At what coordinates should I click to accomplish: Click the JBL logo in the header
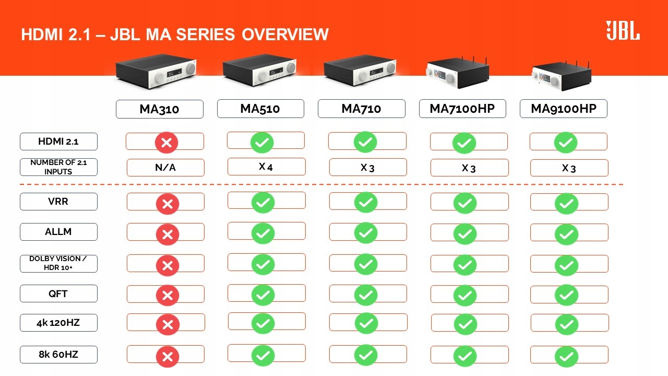pyautogui.click(x=623, y=31)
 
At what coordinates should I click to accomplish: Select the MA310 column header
pyautogui.click(x=159, y=109)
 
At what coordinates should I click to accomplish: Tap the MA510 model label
pyautogui.click(x=260, y=109)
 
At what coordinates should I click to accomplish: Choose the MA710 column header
pyautogui.click(x=361, y=109)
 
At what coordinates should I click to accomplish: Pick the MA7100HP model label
pyautogui.click(x=462, y=109)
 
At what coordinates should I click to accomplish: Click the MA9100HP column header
pyautogui.click(x=563, y=109)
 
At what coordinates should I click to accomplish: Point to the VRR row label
pyautogui.click(x=58, y=202)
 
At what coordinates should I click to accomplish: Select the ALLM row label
pyautogui.click(x=58, y=232)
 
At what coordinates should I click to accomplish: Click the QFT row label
pyautogui.click(x=58, y=293)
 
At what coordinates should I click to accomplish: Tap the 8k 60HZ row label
pyautogui.click(x=58, y=355)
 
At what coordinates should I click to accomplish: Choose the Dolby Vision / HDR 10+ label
pyautogui.click(x=58, y=263)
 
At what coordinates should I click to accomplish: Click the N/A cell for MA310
pyautogui.click(x=165, y=168)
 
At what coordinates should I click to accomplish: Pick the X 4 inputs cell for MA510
pyautogui.click(x=266, y=167)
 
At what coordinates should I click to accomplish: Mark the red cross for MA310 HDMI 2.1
pyautogui.click(x=167, y=143)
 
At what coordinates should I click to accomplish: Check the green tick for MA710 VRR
pyautogui.click(x=366, y=202)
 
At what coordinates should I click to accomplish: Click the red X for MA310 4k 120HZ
pyautogui.click(x=168, y=325)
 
